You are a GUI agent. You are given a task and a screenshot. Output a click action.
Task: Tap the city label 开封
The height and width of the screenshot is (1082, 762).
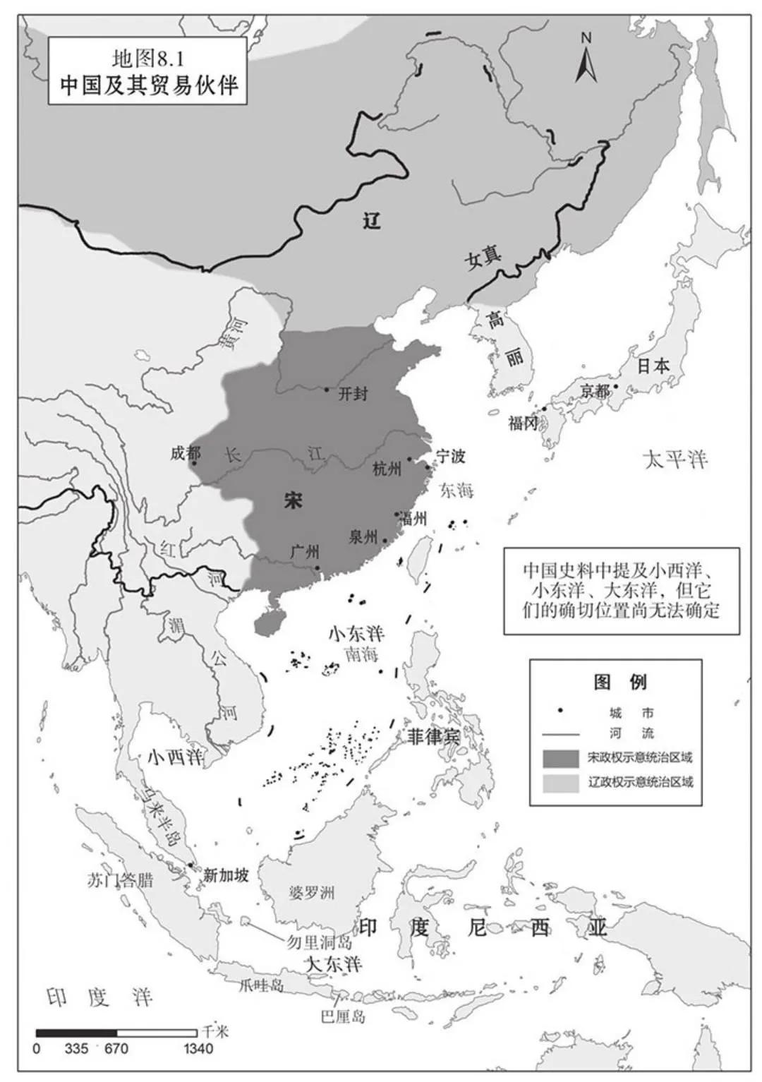(353, 393)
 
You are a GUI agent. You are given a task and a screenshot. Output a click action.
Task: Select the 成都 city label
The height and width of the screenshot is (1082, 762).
(186, 452)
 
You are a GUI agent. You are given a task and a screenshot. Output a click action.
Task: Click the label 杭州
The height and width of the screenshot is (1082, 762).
(387, 468)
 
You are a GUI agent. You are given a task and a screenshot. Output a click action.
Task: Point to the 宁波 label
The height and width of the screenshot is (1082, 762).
(450, 456)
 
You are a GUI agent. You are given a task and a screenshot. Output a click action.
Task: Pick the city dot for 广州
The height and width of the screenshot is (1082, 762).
(317, 567)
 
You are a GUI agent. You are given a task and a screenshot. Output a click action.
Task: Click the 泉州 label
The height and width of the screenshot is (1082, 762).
(363, 536)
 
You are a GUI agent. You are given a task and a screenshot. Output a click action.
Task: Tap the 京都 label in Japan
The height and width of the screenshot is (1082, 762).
(595, 390)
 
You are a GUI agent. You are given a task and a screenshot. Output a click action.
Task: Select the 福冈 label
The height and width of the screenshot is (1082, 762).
(524, 423)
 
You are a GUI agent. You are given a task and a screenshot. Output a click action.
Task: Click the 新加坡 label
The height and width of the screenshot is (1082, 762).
(226, 875)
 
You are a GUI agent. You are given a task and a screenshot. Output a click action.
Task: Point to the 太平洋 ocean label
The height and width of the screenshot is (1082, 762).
(675, 460)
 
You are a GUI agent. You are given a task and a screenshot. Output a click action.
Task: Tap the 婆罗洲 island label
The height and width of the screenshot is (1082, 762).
(311, 893)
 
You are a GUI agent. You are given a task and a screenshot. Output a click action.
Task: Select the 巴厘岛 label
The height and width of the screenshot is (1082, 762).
(344, 1017)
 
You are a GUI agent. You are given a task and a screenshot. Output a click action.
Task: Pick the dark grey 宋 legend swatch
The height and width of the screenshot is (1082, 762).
(560, 758)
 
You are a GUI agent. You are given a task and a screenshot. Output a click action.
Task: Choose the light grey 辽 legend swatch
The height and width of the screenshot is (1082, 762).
(560, 782)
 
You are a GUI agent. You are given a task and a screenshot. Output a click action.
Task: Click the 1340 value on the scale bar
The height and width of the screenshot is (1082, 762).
(198, 1049)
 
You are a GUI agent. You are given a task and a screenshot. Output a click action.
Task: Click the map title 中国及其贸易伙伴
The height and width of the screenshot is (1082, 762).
(149, 85)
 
